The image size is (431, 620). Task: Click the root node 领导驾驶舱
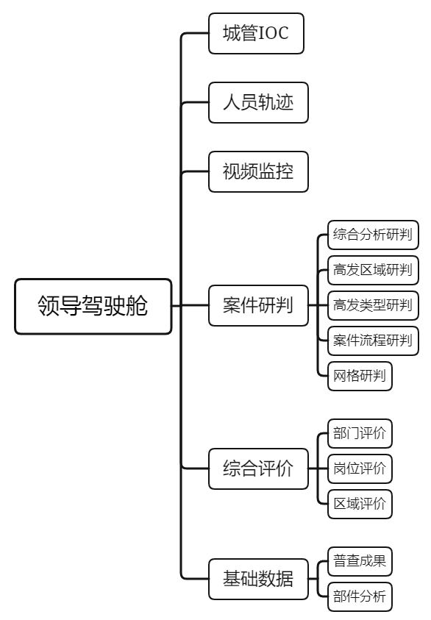coord(93,307)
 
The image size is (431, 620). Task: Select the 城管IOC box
coord(256,33)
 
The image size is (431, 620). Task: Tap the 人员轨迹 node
coord(258,102)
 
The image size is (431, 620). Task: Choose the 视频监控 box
coord(258,171)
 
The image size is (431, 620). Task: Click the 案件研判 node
coord(258,305)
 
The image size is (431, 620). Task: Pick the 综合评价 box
coord(258,468)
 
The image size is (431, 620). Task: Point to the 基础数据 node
coord(258,579)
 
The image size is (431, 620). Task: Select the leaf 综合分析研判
coord(373,235)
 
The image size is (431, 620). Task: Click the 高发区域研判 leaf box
coord(373,270)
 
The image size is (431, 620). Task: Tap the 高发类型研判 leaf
coord(373,305)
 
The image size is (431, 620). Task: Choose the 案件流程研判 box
coord(373,341)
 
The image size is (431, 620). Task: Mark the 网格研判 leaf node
coord(360,376)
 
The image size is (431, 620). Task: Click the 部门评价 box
coord(360,433)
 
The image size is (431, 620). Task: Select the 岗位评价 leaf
coord(360,468)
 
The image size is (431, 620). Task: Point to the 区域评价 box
coord(360,504)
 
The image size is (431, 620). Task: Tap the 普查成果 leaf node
coord(360,561)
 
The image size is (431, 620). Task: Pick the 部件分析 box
coord(360,596)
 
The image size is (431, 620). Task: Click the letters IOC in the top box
coord(273,33)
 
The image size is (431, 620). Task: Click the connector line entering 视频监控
coord(196,171)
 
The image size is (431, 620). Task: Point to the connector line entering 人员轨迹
coord(196,102)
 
